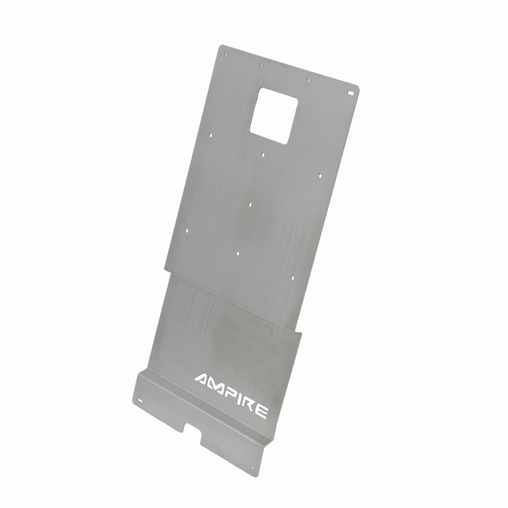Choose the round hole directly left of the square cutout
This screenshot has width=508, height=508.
pos(211,135)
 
